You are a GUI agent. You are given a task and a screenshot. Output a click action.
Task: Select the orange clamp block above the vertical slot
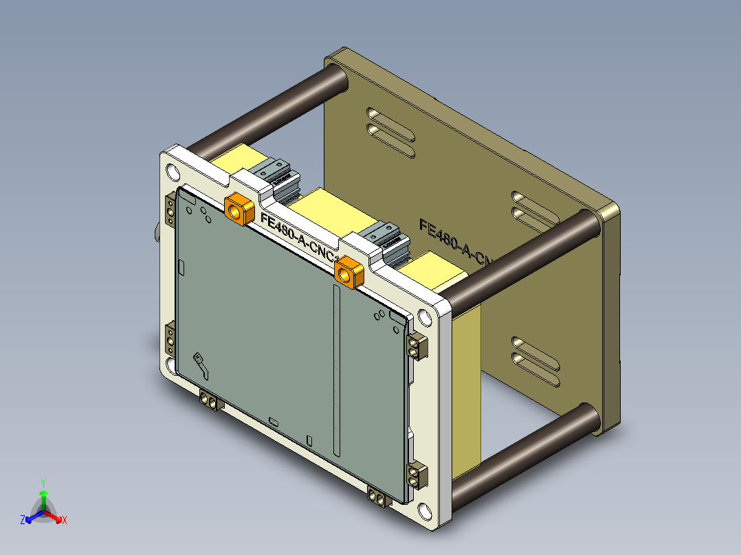(x=349, y=272)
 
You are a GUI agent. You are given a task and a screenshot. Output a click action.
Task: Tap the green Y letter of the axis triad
(x=43, y=483)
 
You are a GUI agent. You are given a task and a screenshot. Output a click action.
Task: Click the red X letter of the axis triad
(x=65, y=521)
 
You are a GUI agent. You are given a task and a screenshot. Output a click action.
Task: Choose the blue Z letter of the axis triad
(x=23, y=521)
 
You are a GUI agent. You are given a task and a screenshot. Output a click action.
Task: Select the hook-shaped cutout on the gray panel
(x=202, y=364)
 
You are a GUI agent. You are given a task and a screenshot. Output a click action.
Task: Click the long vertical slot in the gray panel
(x=335, y=371)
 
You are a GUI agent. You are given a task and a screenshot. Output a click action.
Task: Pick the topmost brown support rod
(x=268, y=106)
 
